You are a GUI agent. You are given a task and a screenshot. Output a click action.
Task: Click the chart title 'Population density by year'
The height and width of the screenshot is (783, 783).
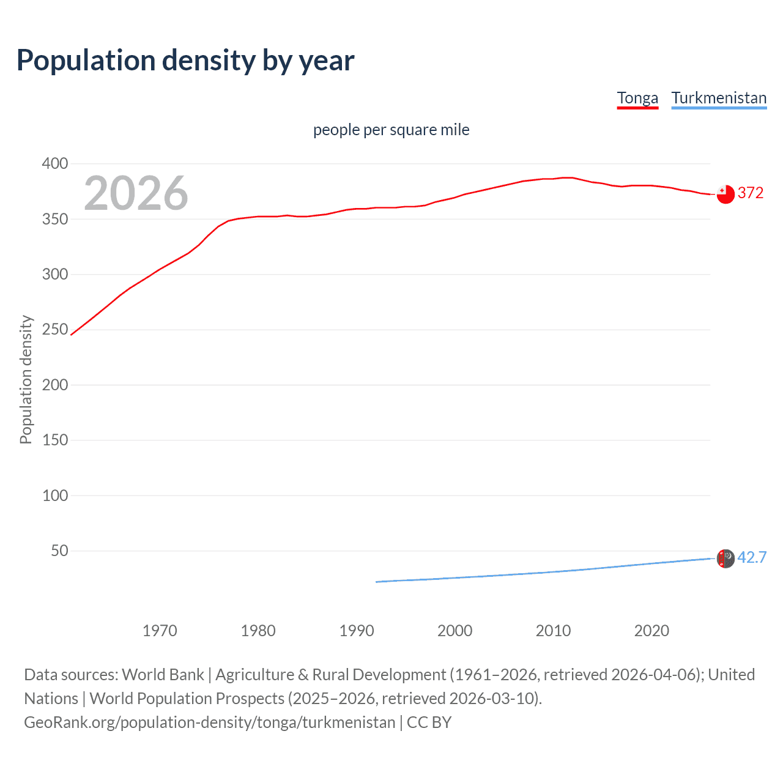(x=185, y=61)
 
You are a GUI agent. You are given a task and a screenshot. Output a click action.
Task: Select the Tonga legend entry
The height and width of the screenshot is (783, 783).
(x=637, y=98)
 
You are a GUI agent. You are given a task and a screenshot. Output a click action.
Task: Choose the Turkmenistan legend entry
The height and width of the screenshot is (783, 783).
(x=719, y=98)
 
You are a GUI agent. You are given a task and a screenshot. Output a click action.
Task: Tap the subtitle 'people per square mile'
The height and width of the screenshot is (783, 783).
(x=391, y=130)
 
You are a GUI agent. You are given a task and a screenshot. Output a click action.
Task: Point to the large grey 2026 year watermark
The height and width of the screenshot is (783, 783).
(x=136, y=193)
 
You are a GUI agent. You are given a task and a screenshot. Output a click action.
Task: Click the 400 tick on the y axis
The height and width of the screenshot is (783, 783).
(x=55, y=163)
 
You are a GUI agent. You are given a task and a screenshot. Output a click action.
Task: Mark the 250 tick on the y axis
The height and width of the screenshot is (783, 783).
(x=55, y=329)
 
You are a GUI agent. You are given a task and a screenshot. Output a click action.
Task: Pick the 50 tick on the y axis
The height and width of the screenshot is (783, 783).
(x=59, y=551)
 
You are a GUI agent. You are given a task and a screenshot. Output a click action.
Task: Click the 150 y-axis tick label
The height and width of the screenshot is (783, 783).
(x=55, y=440)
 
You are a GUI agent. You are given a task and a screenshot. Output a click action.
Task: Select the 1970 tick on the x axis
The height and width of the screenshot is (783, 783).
(x=160, y=631)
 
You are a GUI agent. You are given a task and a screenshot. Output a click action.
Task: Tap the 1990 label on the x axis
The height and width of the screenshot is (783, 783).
(x=357, y=631)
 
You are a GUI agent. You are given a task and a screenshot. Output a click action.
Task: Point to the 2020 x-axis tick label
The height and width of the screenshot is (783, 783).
(x=651, y=631)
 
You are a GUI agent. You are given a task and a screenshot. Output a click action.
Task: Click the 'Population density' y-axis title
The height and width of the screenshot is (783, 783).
(x=26, y=379)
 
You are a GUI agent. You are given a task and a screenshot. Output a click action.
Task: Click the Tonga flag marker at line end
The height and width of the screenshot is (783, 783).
(x=725, y=194)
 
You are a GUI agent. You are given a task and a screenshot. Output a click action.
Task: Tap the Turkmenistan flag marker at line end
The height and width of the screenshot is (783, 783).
(x=725, y=558)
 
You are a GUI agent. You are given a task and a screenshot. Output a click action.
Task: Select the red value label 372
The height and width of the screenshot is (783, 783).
(x=751, y=193)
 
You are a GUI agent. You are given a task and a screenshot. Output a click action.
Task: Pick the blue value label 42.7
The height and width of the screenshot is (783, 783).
(x=752, y=557)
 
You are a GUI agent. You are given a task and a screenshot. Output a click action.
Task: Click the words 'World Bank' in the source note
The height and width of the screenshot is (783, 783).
(x=163, y=674)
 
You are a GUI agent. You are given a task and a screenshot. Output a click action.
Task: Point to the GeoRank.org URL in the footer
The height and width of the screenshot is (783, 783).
(x=209, y=722)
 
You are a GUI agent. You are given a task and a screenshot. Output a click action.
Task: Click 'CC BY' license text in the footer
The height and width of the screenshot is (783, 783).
(x=429, y=722)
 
